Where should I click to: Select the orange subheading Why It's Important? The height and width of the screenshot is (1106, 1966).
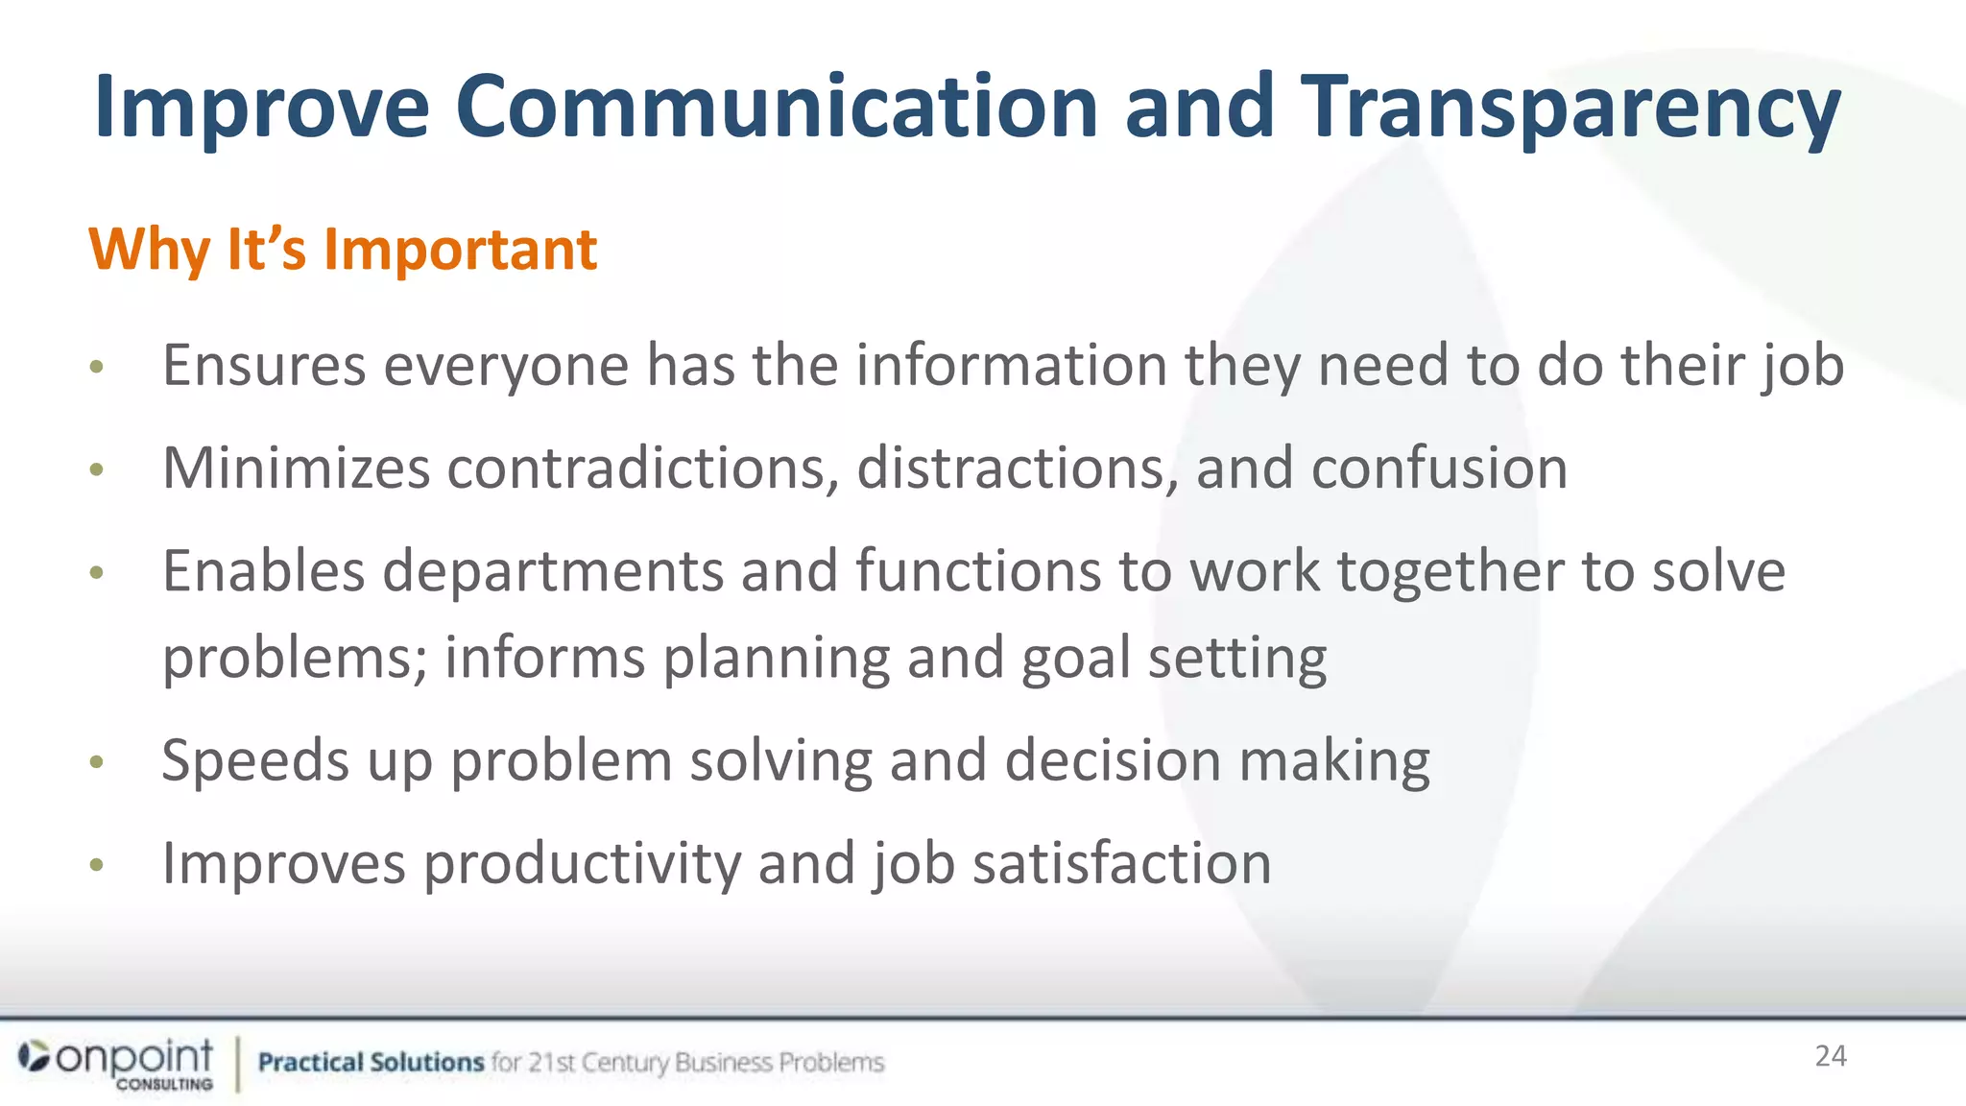click(343, 250)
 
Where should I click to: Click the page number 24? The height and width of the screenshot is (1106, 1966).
click(1830, 1056)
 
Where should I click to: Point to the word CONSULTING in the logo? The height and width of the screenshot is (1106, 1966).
click(164, 1084)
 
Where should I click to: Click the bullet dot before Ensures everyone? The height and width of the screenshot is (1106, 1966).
click(96, 367)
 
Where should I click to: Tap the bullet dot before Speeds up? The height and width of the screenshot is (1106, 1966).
click(96, 762)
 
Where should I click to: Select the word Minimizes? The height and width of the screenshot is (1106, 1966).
click(296, 469)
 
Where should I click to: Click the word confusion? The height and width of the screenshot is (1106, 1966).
click(1439, 469)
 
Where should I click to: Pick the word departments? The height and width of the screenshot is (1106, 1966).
click(552, 572)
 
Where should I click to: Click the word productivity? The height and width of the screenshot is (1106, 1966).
click(582, 864)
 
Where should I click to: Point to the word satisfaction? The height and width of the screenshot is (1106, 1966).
click(1121, 864)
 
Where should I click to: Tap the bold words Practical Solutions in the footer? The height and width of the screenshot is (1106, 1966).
click(371, 1062)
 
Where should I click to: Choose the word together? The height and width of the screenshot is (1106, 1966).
click(1450, 572)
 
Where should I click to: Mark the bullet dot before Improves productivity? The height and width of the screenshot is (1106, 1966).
click(96, 866)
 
